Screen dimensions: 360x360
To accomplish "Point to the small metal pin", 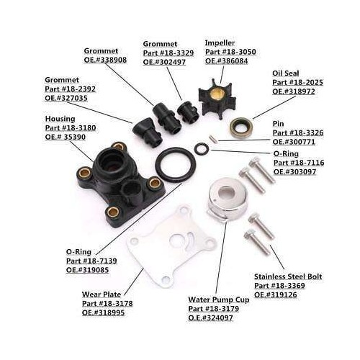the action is click(212, 139).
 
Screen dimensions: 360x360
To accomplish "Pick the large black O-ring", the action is click(158, 166).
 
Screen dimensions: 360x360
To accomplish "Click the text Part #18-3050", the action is click(230, 52).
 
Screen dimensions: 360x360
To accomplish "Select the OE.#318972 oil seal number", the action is click(294, 91).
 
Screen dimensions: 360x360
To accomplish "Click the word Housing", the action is click(60, 119).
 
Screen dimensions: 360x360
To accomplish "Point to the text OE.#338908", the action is click(105, 60).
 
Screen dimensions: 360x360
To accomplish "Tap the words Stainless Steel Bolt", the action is click(288, 276).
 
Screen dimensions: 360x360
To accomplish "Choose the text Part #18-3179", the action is click(214, 309).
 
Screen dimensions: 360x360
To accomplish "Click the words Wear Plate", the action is click(102, 294).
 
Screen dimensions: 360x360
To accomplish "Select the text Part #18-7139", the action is click(91, 261).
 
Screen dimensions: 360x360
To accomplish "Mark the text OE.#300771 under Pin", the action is click(294, 142).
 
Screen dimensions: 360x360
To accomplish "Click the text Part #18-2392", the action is click(70, 89).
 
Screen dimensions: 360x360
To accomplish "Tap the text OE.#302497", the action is click(164, 62).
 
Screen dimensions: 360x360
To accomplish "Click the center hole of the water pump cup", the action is click(229, 192).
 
